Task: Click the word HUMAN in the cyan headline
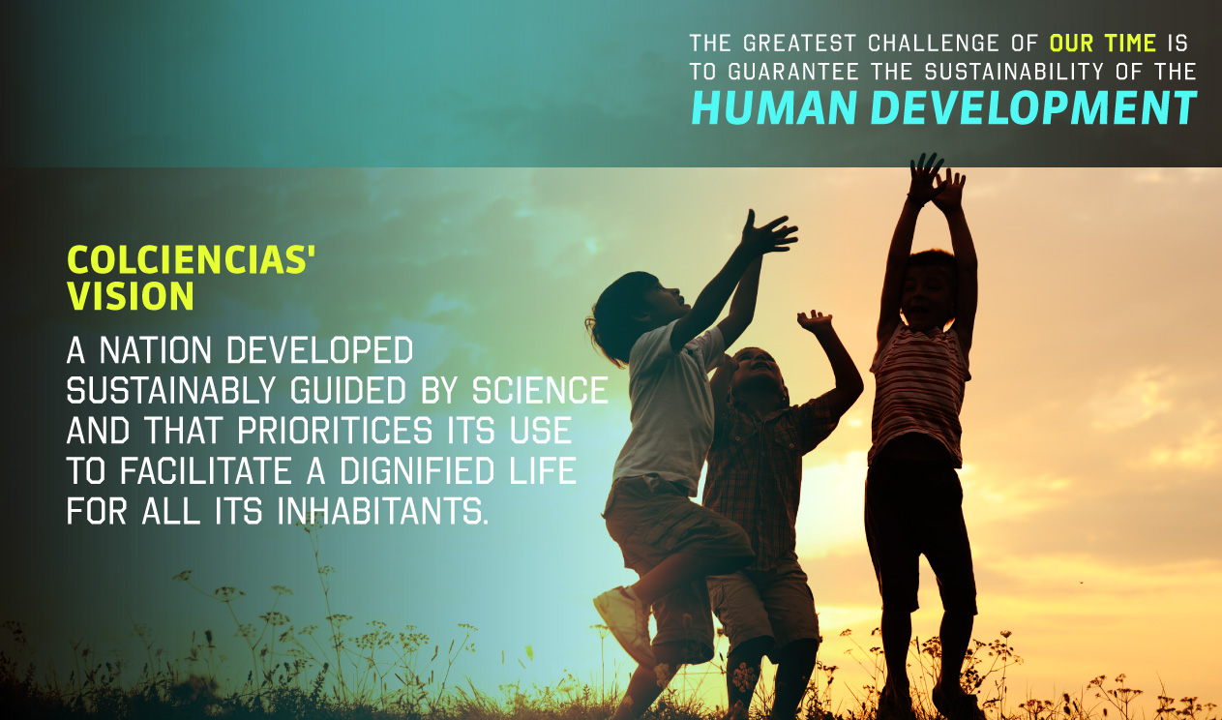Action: click(774, 107)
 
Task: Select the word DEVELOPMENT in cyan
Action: click(1033, 107)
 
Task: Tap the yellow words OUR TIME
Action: click(1103, 44)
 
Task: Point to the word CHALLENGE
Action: click(934, 44)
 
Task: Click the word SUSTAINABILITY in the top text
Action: click(1014, 72)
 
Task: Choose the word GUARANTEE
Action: click(793, 72)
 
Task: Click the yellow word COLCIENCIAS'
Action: click(191, 259)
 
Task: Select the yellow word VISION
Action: click(131, 296)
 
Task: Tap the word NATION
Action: click(156, 350)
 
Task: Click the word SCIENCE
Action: click(540, 391)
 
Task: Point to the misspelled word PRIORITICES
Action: click(335, 431)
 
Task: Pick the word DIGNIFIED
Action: click(417, 471)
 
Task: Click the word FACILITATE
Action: click(206, 471)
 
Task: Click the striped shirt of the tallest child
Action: click(920, 393)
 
